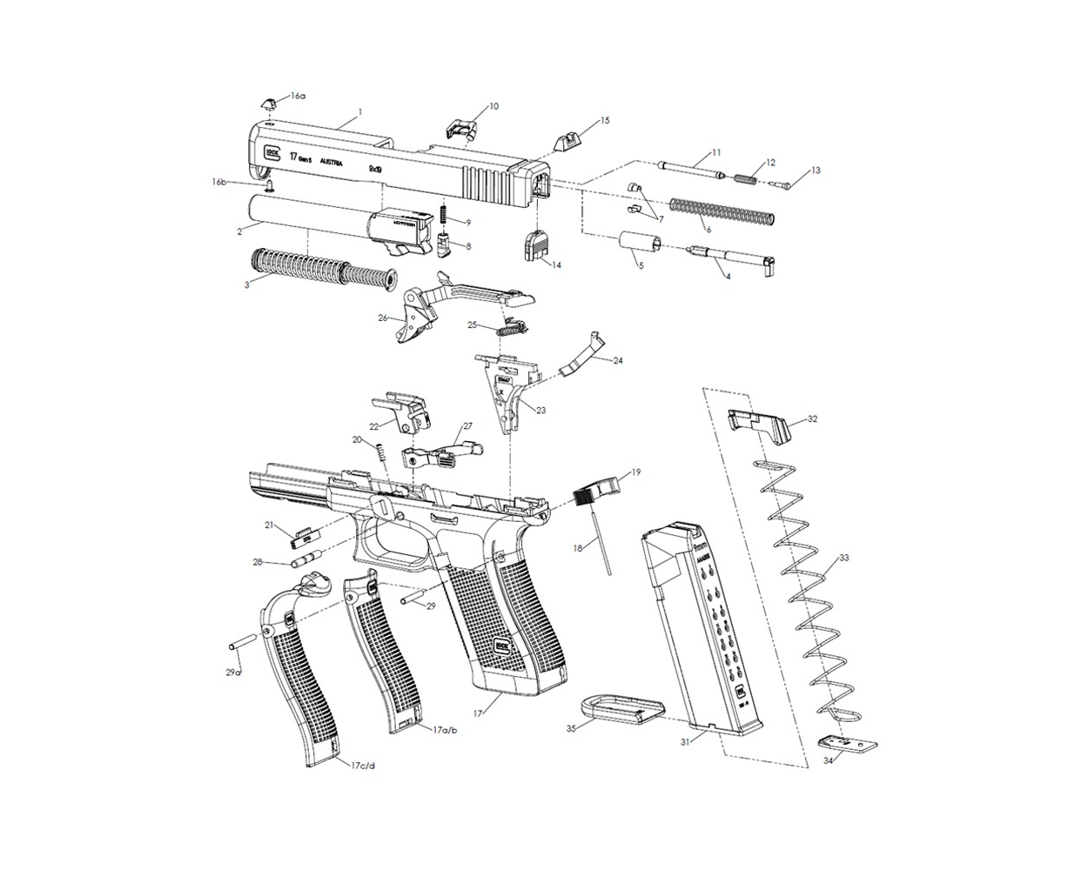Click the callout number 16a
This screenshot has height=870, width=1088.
pos(299,96)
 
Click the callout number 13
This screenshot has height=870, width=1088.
pos(815,171)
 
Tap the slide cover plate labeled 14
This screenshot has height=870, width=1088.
pos(535,244)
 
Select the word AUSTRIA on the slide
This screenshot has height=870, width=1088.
pos(332,163)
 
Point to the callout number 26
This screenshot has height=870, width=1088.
pos(382,318)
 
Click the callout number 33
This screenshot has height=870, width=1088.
pos(843,558)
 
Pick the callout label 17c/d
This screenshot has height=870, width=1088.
pos(362,766)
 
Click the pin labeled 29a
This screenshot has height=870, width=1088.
pos(243,643)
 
